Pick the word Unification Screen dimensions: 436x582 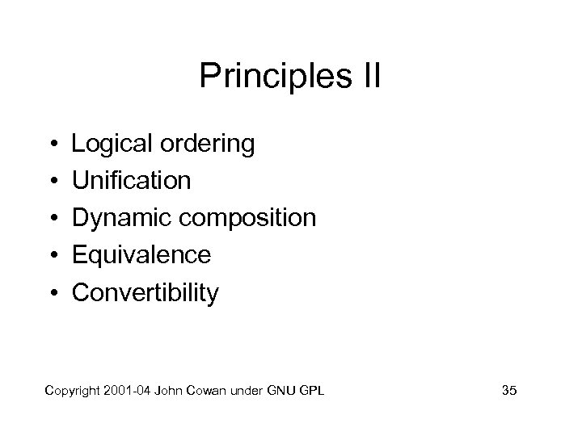pos(132,180)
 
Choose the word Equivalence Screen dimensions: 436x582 pos(141,255)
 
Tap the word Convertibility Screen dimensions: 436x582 pos(145,293)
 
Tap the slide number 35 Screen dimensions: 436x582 pos(509,391)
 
